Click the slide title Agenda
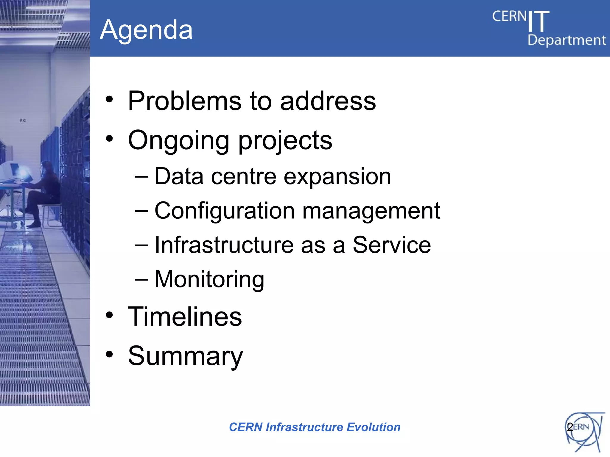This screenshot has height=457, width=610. coord(146,30)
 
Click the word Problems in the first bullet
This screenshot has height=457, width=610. coord(184,101)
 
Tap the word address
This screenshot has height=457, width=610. coord(328,101)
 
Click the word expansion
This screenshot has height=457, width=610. coord(337,176)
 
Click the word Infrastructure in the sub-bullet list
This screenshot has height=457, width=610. coord(225,245)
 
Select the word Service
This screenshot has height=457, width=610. coord(392,245)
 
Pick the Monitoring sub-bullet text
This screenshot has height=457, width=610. coord(209,279)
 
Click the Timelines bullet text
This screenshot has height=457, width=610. coord(185,317)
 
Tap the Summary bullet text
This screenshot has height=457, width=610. coord(185,356)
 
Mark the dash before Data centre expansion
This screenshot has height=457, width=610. coord(141,176)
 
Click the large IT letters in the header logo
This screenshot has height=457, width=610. coord(539,21)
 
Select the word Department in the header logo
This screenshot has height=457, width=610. coord(567,40)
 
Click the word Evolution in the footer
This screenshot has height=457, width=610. coord(374,427)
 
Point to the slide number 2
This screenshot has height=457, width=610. coord(569,427)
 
